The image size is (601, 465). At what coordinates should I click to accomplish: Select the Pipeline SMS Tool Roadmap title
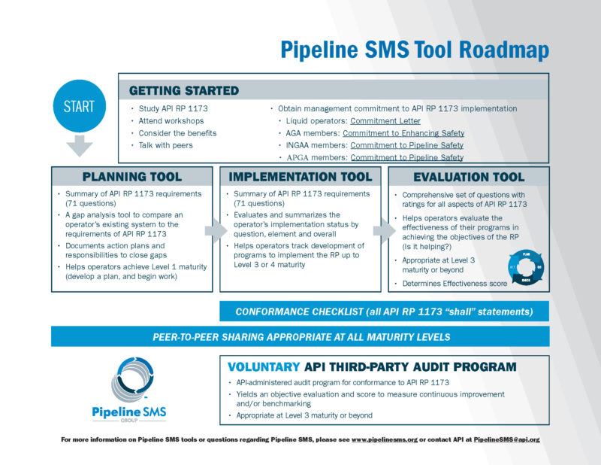pyautogui.click(x=415, y=50)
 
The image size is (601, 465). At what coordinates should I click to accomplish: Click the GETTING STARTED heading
pyautogui.click(x=184, y=90)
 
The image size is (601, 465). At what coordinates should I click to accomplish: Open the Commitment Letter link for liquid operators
pyautogui.click(x=385, y=121)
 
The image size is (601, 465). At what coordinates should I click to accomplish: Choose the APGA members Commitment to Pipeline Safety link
pyautogui.click(x=406, y=157)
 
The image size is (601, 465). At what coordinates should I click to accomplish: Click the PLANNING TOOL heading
pyautogui.click(x=131, y=177)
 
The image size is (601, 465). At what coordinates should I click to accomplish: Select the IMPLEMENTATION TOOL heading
pyautogui.click(x=300, y=177)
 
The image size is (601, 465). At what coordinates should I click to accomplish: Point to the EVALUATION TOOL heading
pyautogui.click(x=469, y=177)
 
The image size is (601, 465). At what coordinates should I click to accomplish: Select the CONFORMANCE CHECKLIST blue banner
pyautogui.click(x=384, y=312)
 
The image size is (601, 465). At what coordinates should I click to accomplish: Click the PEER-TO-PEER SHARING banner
pyautogui.click(x=300, y=336)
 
